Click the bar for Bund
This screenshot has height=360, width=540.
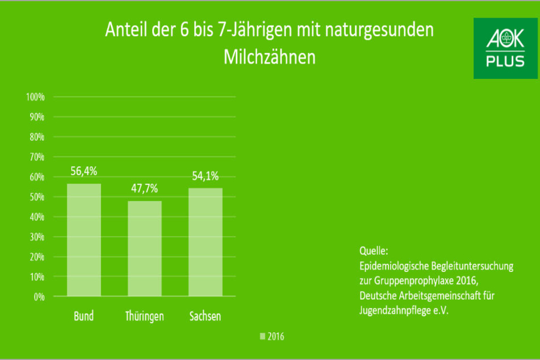click(x=84, y=240)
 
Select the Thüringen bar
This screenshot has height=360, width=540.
click(x=145, y=249)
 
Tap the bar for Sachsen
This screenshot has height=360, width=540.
click(x=205, y=242)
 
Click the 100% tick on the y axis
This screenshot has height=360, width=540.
click(x=35, y=97)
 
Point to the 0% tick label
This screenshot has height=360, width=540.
click(x=39, y=297)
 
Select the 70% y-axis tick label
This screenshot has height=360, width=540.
click(x=37, y=157)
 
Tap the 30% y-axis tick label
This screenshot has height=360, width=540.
click(x=37, y=237)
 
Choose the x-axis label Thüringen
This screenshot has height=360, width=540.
click(x=145, y=316)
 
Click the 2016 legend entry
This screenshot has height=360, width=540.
click(x=272, y=337)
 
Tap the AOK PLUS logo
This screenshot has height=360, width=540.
click(x=505, y=48)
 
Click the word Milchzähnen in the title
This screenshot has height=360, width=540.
click(x=270, y=57)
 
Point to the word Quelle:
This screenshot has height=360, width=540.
click(x=374, y=250)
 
